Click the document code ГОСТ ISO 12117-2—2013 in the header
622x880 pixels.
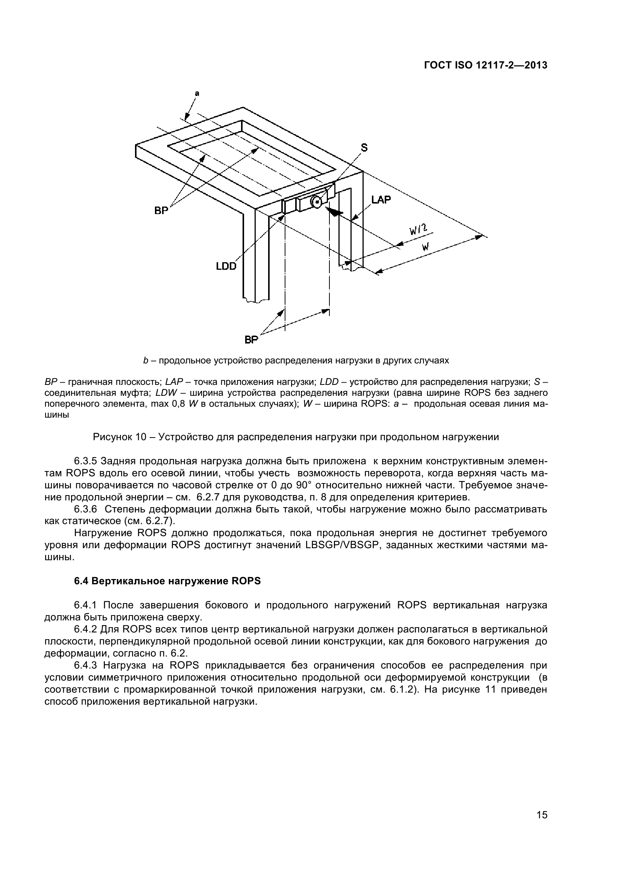(x=485, y=65)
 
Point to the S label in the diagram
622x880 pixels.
(x=364, y=147)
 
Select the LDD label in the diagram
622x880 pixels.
(x=226, y=266)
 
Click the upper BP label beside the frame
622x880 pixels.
(x=161, y=210)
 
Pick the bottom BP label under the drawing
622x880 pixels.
(x=251, y=340)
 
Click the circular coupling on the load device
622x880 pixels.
(x=316, y=202)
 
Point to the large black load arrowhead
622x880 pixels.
(x=334, y=211)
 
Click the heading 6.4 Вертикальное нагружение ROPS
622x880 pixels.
(x=167, y=581)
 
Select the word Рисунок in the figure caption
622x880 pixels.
(x=111, y=437)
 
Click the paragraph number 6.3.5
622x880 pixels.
(x=86, y=461)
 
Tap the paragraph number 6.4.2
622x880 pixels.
(x=86, y=629)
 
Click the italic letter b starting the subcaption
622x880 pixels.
(x=146, y=361)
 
